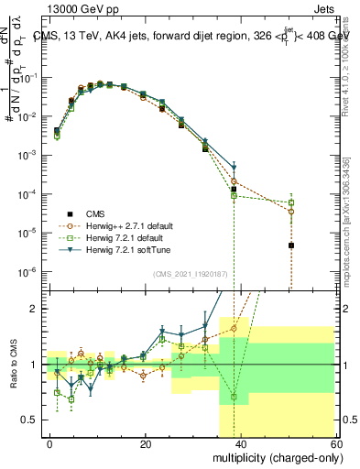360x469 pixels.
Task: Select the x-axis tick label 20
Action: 146,442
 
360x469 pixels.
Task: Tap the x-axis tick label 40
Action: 240,442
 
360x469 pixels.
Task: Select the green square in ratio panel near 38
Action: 234,397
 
